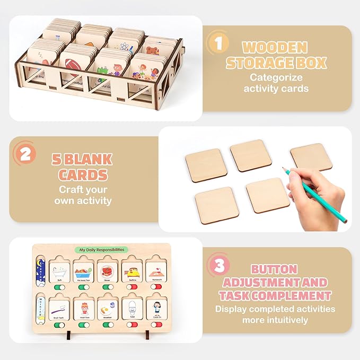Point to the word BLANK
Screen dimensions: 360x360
(x=94, y=159)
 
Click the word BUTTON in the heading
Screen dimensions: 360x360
(x=274, y=269)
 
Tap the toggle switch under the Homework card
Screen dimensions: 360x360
(x=156, y=287)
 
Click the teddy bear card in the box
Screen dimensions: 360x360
(x=152, y=54)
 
